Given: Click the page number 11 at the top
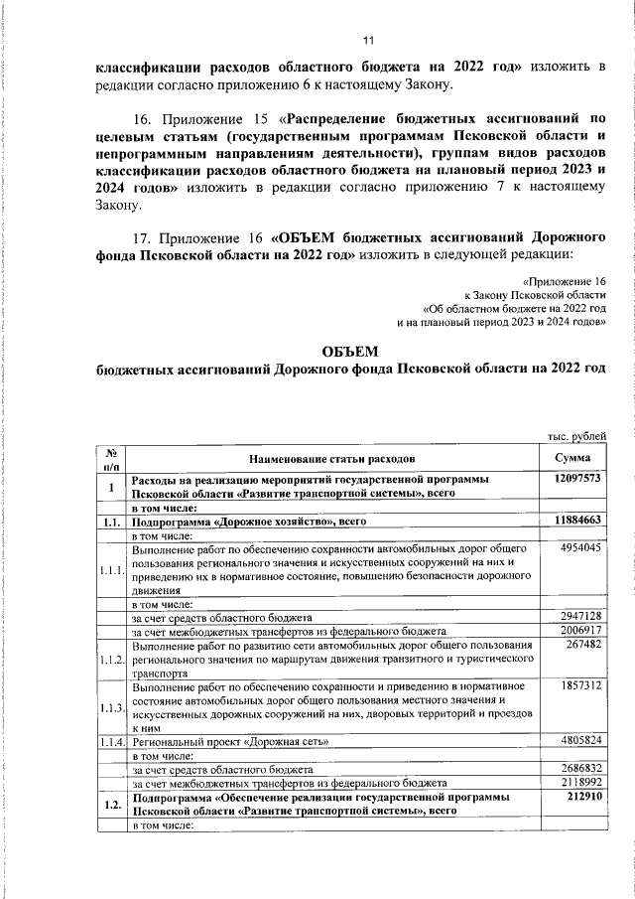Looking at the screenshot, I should (368, 40).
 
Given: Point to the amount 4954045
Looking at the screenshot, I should (580, 547).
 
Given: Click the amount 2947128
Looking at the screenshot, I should (580, 616).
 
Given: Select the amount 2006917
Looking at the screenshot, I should (580, 630).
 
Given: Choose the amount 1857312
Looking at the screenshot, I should (580, 685).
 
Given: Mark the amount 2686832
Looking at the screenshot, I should (580, 768).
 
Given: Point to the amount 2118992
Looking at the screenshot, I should (580, 782).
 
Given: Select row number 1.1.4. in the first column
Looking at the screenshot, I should (110, 741).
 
